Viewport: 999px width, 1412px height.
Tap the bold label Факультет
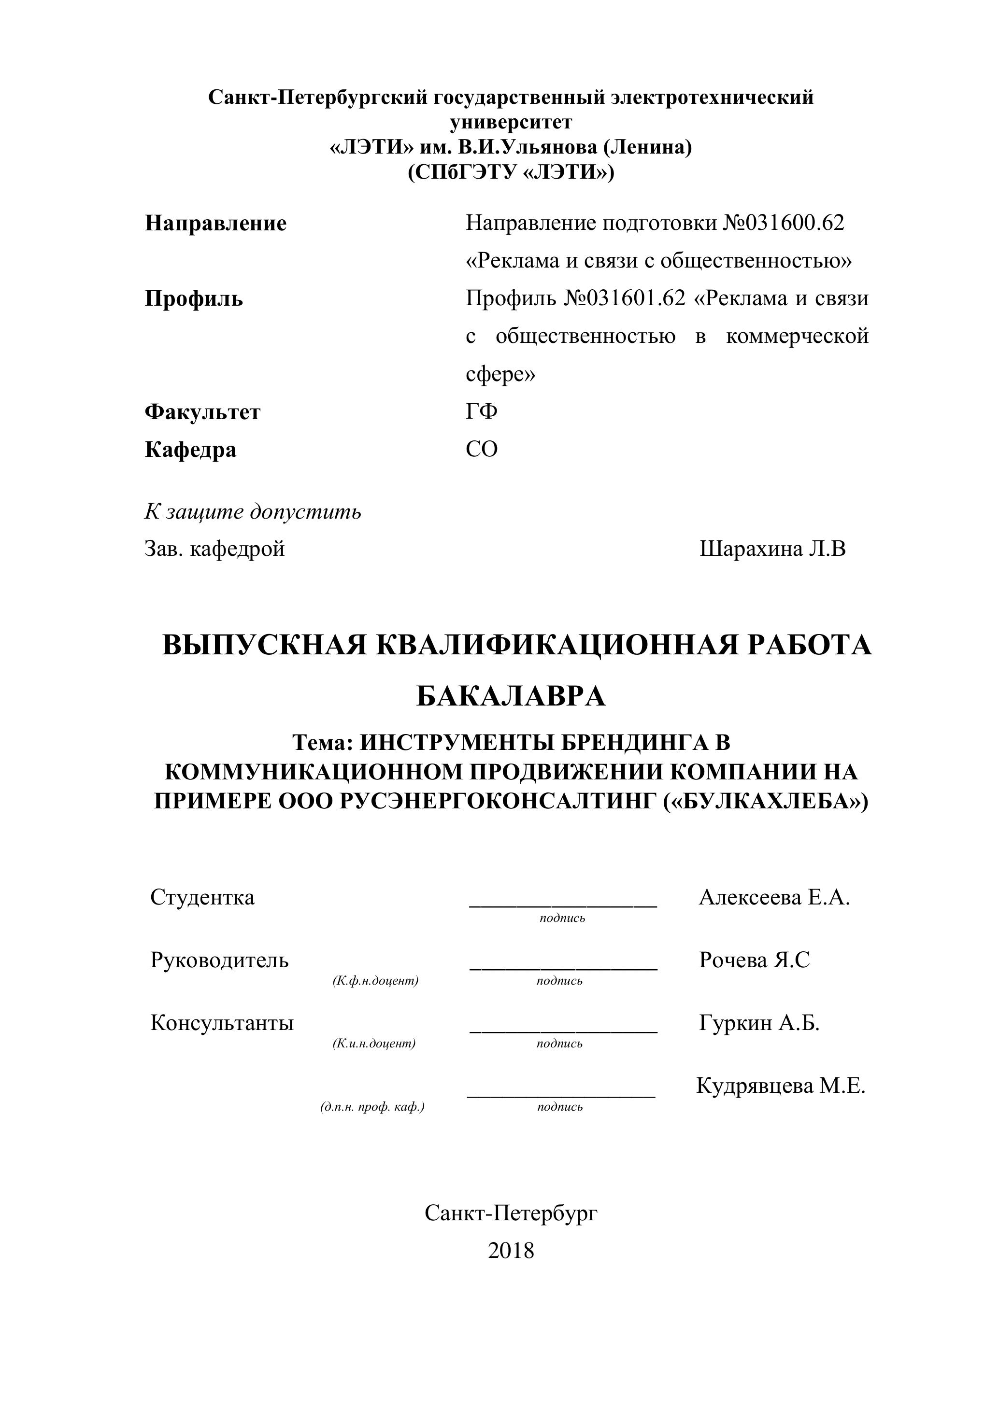[202, 411]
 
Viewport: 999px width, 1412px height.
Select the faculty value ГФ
[481, 411]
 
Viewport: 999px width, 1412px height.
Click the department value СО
[481, 450]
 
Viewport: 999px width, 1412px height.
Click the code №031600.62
[783, 223]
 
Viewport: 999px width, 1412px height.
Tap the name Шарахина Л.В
[772, 549]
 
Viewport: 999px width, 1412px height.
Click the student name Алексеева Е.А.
[774, 898]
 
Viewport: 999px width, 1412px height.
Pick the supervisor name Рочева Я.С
[754, 960]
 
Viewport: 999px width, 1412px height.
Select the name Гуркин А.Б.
[759, 1023]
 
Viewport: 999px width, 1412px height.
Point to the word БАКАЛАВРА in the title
[511, 696]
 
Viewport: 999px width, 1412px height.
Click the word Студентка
[202, 897]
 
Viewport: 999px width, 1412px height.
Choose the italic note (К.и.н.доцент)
[374, 1044]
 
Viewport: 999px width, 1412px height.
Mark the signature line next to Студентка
[563, 904]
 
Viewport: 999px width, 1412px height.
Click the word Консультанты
[222, 1023]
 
